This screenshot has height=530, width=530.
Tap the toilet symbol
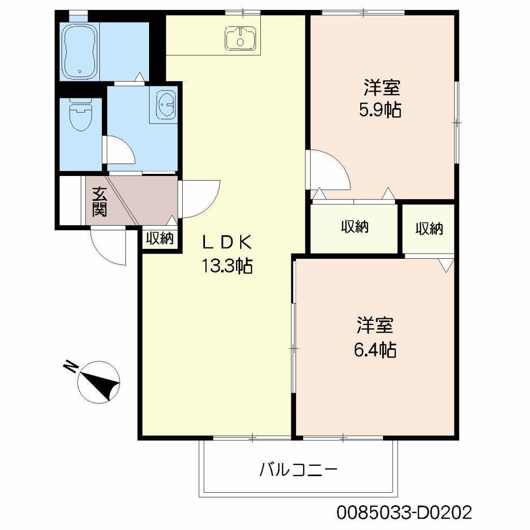[80, 115]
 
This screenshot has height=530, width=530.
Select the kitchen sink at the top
[240, 39]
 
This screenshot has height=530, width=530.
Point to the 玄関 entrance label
[99, 201]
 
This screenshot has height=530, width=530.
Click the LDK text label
[227, 242]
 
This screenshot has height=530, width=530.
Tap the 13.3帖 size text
[227, 266]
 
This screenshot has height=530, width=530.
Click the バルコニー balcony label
[299, 469]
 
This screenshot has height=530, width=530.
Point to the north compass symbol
[98, 382]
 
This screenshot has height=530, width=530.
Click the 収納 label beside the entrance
[159, 238]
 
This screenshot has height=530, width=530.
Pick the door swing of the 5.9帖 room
[328, 170]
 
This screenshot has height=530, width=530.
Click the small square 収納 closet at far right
[429, 229]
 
